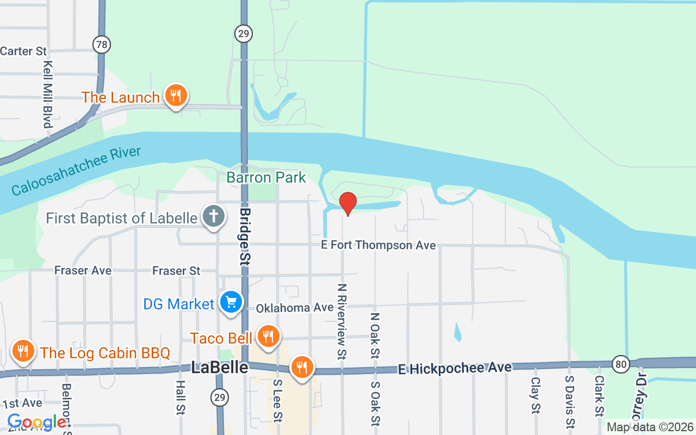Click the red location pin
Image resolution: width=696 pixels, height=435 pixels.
click(x=348, y=203)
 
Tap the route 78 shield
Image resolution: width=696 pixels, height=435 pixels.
click(x=102, y=44)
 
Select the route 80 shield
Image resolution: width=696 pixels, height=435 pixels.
click(x=620, y=363)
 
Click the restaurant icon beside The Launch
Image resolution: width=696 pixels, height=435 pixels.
click(x=175, y=96)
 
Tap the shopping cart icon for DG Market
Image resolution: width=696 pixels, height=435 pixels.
click(x=231, y=302)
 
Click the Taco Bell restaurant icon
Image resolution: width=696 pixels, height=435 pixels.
click(x=268, y=337)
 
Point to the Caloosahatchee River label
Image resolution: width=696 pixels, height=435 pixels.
click(x=76, y=171)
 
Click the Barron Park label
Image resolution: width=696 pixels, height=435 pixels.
click(x=266, y=177)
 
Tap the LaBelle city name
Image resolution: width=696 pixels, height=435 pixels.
click(x=220, y=368)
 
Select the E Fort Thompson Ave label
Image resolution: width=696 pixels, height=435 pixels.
click(x=378, y=245)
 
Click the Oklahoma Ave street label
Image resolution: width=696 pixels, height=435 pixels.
click(x=295, y=308)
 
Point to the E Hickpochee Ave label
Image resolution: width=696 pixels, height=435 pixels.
click(x=455, y=369)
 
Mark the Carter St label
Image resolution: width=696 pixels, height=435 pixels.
click(x=23, y=51)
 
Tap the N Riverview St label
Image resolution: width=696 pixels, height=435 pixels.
click(x=342, y=321)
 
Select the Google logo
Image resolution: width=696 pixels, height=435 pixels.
click(x=36, y=422)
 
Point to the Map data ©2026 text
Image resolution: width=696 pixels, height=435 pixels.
click(x=650, y=427)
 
